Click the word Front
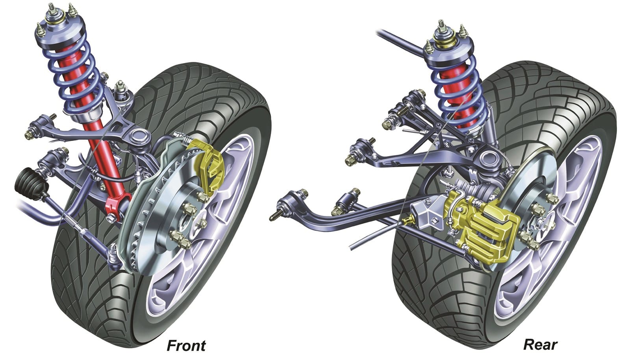click(x=186, y=346)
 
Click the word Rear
click(x=540, y=345)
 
